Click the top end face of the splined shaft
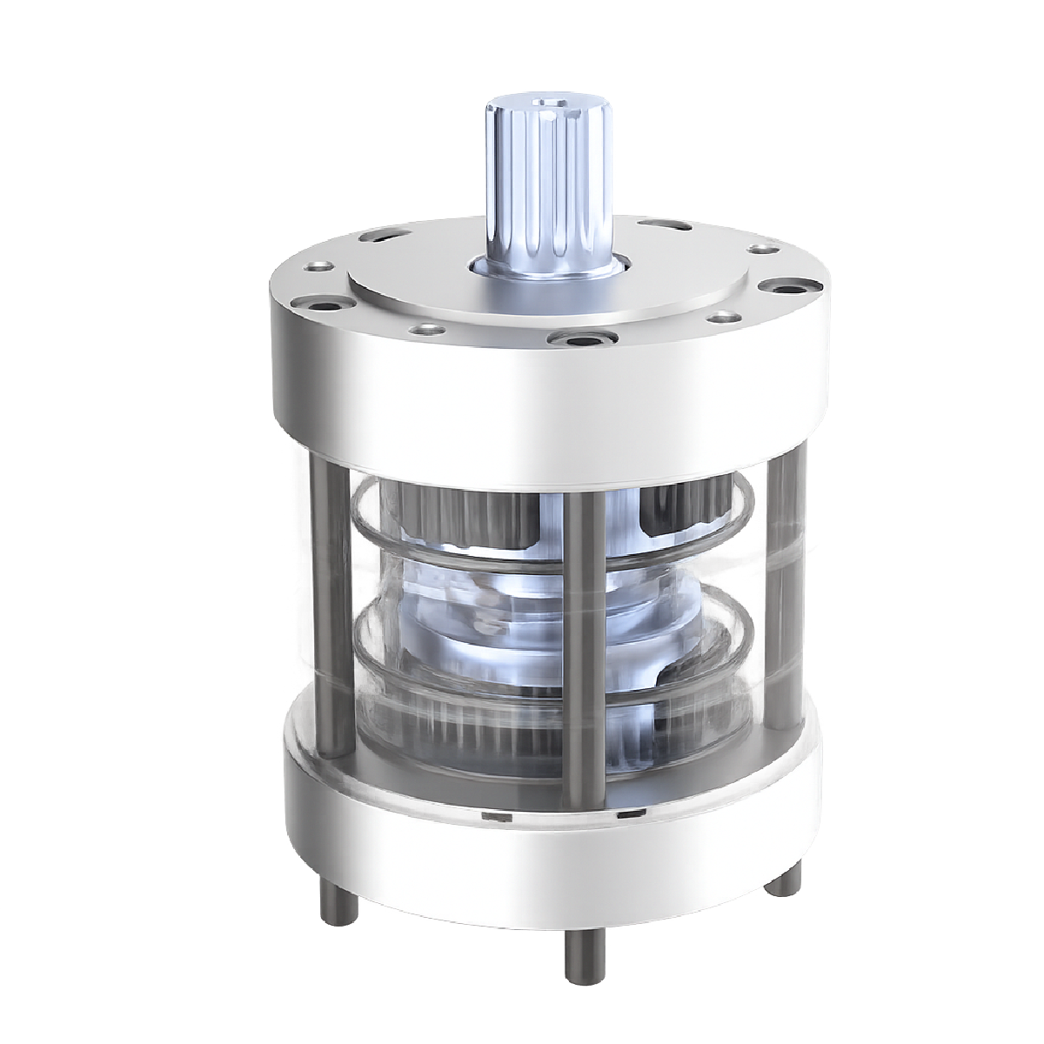547,108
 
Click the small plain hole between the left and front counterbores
425,330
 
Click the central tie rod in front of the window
582,644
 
